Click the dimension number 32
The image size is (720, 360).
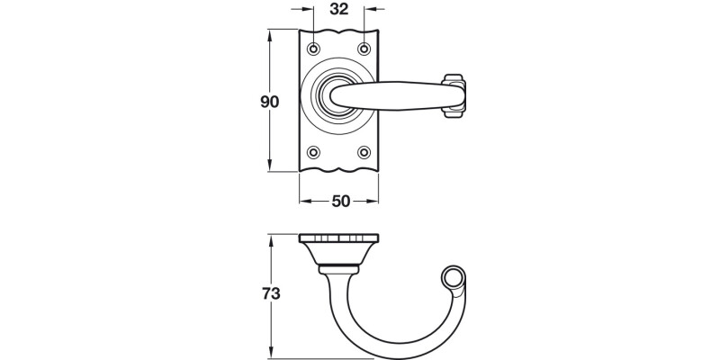(x=339, y=11)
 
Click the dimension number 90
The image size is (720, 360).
(x=270, y=102)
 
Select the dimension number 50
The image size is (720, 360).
(x=339, y=202)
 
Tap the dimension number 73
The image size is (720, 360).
(x=270, y=293)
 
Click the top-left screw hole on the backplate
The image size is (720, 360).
(x=314, y=48)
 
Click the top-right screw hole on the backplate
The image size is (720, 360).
(x=364, y=48)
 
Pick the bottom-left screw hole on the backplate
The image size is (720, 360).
(x=314, y=152)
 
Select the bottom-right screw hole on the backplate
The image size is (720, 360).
(x=364, y=152)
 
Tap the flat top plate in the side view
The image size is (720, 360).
(x=339, y=238)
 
